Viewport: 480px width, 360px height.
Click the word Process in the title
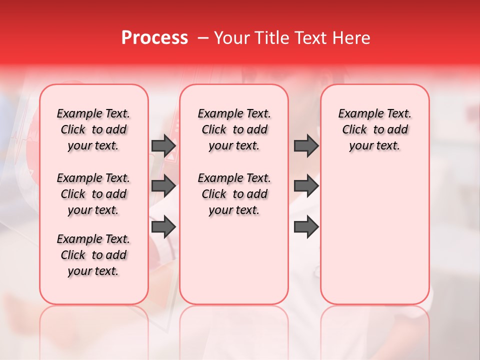click(154, 38)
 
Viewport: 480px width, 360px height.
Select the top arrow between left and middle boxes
click(163, 145)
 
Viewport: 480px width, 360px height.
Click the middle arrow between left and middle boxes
click(163, 186)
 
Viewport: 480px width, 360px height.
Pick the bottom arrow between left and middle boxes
click(163, 227)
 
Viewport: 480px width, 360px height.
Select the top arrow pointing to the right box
click(306, 145)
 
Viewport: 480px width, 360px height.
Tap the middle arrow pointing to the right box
click(306, 186)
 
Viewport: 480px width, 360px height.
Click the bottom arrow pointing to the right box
click(306, 227)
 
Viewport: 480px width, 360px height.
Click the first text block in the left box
click(93, 129)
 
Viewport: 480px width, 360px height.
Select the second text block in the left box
click(93, 194)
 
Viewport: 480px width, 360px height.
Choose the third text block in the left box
click(93, 255)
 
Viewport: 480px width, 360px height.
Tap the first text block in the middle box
click(234, 129)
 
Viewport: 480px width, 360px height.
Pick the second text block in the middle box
click(234, 194)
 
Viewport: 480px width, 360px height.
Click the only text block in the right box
click(374, 129)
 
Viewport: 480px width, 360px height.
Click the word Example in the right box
click(357, 114)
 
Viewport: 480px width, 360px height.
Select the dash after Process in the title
click(203, 38)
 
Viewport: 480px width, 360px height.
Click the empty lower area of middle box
click(234, 260)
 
